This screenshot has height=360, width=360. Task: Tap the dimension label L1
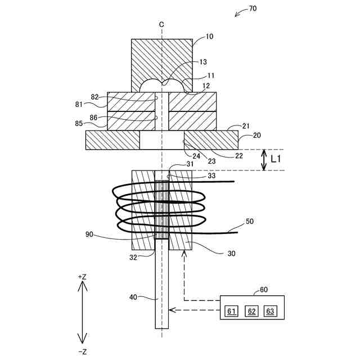point(276,160)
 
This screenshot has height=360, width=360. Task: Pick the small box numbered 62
point(252,311)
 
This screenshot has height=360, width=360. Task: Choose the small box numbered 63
point(270,311)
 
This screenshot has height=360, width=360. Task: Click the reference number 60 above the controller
point(264,290)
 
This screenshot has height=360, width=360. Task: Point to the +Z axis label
point(82,277)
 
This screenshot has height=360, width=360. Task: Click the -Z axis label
point(82,352)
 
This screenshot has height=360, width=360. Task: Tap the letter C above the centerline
point(161,24)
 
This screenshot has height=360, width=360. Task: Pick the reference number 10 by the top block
point(209,37)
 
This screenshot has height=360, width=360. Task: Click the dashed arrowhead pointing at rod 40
point(173,309)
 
